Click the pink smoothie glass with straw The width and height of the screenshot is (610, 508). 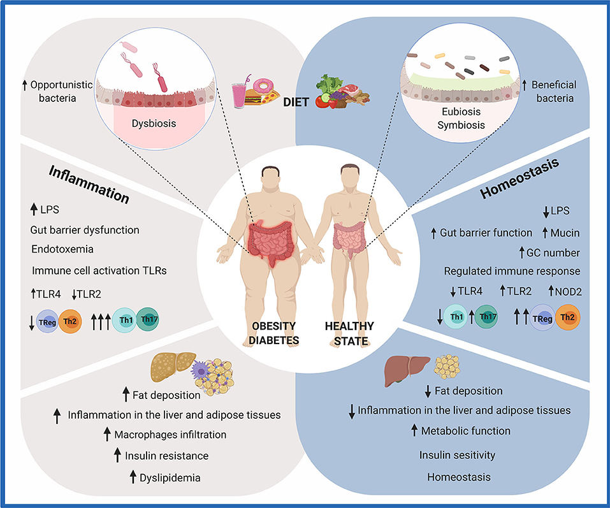241,96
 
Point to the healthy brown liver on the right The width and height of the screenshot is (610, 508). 407,368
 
